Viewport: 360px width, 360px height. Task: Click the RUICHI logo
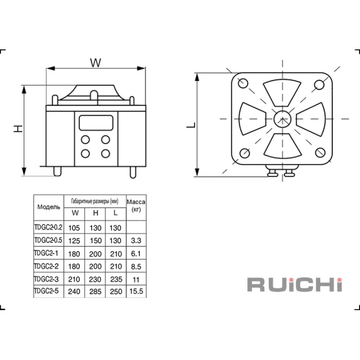(x=295, y=285)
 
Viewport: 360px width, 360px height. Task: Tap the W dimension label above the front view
(x=96, y=63)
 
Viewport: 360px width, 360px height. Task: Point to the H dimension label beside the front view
(x=18, y=129)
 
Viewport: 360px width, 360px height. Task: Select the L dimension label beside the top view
(x=191, y=125)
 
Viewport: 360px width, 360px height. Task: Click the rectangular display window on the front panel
(x=96, y=123)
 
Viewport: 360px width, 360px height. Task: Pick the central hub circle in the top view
(x=282, y=119)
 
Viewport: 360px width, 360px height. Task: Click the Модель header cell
(x=49, y=207)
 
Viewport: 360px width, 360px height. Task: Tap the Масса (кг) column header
(x=136, y=206)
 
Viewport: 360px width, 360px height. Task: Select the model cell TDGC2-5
(x=46, y=291)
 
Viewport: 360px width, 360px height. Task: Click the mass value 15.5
(x=136, y=291)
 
